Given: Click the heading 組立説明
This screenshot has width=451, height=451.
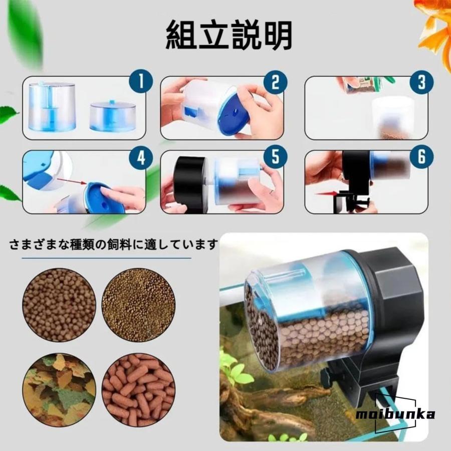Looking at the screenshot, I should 229,35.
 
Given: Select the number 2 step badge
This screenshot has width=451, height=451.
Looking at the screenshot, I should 275,82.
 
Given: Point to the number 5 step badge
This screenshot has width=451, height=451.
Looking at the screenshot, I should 275,157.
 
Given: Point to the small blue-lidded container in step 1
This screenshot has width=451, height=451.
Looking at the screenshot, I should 112,116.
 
